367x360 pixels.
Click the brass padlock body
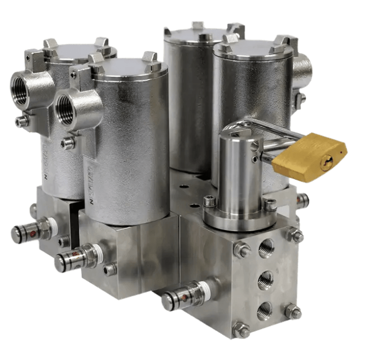309,157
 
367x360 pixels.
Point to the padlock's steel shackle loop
269,127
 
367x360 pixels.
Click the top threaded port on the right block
266,248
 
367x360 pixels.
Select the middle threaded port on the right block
265,280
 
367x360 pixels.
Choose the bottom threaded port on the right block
264,311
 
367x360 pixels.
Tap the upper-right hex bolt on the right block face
295,235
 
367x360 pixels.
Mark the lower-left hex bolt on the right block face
242,330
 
